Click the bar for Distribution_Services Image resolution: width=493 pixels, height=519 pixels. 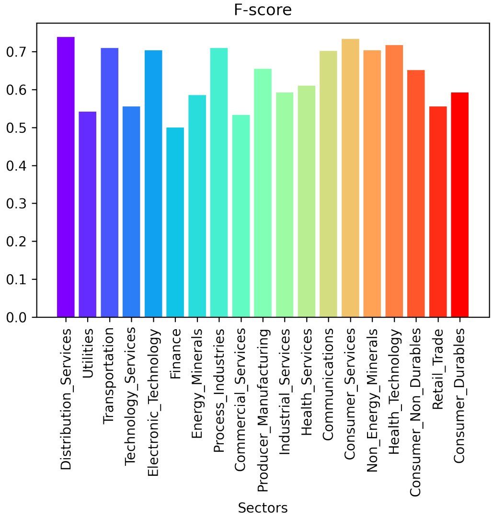coord(66,177)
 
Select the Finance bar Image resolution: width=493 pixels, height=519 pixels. coord(175,222)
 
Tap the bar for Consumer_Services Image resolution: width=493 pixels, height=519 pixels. coord(350,178)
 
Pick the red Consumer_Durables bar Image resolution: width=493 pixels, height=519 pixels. coord(460,205)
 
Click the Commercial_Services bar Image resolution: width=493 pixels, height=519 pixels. coord(241,216)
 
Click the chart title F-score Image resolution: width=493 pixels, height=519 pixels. coord(263,11)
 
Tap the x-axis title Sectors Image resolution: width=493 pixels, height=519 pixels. coord(263,507)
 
